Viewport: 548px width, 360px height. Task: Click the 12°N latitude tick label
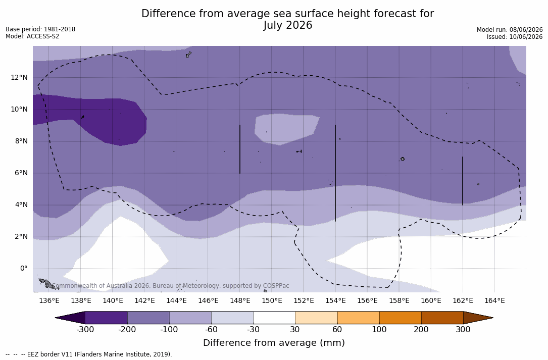pos(19,77)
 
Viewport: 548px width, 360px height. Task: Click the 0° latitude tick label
pos(24,269)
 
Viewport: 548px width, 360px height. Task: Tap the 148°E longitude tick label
pos(240,300)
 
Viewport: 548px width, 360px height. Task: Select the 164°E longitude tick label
pos(494,300)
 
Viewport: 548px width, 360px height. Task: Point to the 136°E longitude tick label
pos(49,300)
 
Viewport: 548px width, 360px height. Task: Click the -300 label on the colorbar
pos(85,330)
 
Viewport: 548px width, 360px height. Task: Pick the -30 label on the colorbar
pos(253,330)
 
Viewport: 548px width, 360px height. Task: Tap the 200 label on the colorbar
pos(421,330)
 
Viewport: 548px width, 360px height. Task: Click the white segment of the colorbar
pos(274,318)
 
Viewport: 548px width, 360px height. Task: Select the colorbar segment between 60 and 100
pos(358,318)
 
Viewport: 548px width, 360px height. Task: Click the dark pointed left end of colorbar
pos(70,318)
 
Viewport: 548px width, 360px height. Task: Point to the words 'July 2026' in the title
pos(287,25)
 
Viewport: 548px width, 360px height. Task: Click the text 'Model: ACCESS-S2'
pos(32,36)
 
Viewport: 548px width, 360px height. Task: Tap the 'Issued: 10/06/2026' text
pos(515,37)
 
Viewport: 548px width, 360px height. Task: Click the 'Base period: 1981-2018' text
pos(40,29)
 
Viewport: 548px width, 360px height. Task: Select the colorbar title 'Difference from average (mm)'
pos(274,343)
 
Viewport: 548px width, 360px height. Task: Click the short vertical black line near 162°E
pos(463,181)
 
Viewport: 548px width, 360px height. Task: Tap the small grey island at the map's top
pos(189,55)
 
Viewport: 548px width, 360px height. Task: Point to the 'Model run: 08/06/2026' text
pos(510,30)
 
